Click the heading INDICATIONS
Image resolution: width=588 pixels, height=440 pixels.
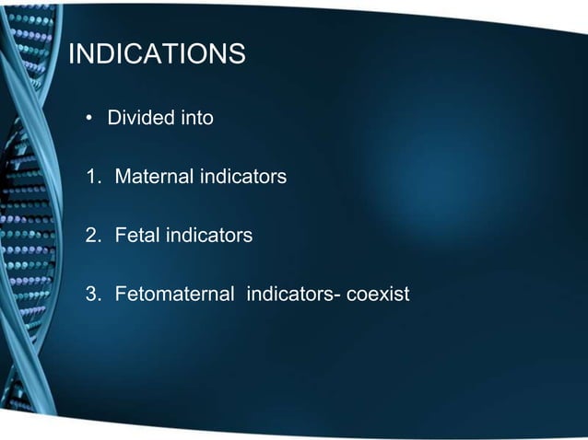point(158,55)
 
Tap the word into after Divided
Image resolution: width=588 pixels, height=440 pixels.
point(197,119)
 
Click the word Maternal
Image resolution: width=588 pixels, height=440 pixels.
point(153,177)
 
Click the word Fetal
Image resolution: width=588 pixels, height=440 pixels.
point(136,236)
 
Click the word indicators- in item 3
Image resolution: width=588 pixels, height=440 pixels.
point(293,295)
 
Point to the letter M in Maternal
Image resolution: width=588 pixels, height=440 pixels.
point(123,177)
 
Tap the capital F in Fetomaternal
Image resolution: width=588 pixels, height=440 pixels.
point(120,295)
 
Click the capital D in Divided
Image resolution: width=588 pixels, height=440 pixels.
point(114,119)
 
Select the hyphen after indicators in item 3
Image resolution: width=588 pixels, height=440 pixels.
point(338,296)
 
